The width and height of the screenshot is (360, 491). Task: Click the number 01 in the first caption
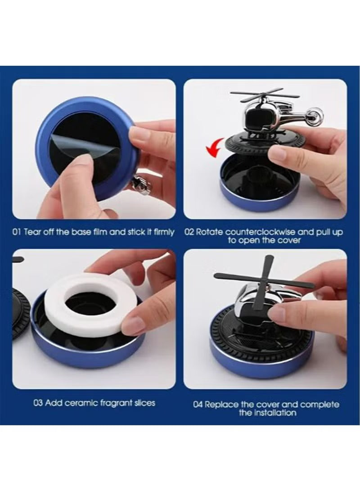coord(16,232)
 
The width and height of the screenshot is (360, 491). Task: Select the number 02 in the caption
coord(189,232)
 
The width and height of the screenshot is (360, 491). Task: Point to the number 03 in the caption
coord(38,402)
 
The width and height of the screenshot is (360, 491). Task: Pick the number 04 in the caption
coord(198,404)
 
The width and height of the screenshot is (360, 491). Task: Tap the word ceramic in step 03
coord(81,402)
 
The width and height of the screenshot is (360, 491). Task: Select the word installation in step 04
coord(274,412)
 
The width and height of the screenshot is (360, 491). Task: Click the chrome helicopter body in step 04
coord(252,306)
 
